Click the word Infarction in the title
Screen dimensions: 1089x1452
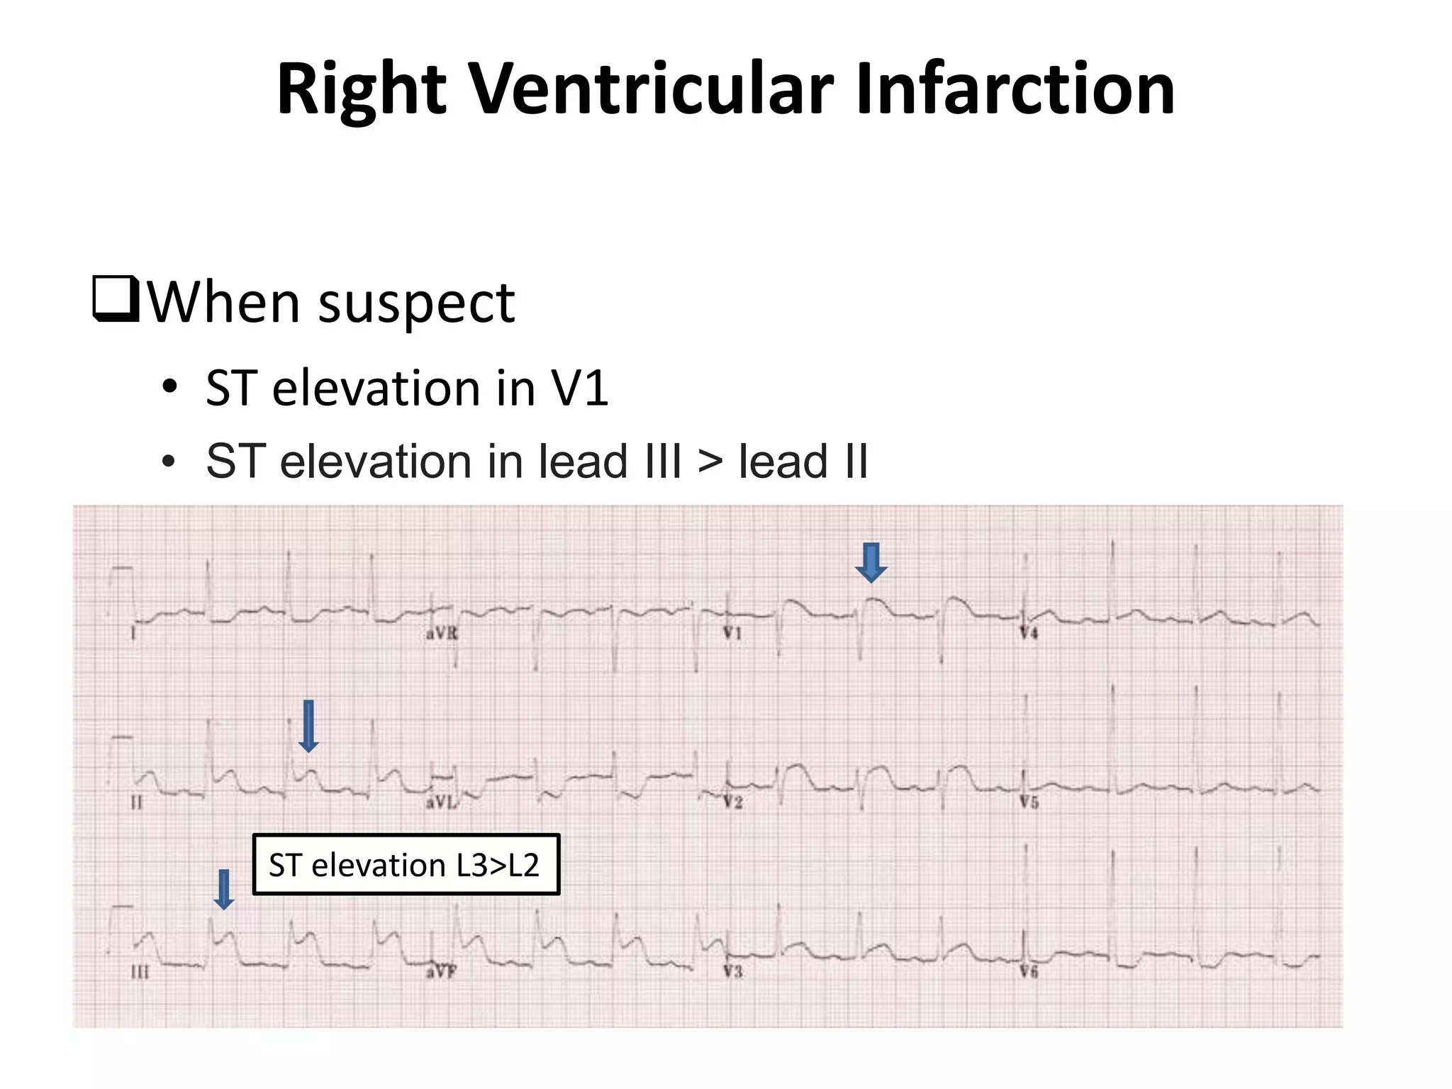1015,89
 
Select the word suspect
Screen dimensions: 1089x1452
417,303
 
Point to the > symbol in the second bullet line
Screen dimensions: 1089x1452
710,462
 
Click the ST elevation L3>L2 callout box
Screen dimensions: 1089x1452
406,864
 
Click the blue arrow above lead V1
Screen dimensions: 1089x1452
871,562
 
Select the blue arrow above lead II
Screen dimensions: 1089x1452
308,726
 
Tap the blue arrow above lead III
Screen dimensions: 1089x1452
224,889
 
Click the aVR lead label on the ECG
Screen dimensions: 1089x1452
442,633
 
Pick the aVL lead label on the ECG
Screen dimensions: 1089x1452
441,803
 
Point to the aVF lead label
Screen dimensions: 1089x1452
440,972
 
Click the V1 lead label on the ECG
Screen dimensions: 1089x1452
732,633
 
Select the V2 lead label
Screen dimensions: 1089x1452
732,803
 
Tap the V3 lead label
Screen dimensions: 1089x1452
732,971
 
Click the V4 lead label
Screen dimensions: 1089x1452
1029,633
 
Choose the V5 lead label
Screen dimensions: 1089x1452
1029,803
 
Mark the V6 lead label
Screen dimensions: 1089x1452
1029,971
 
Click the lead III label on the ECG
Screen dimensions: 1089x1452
140,972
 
